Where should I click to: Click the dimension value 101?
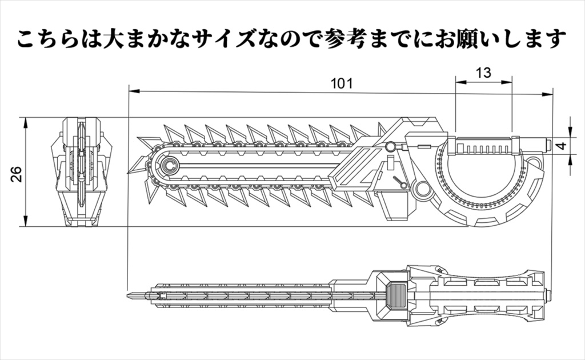[342, 83]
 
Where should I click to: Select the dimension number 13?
[483, 73]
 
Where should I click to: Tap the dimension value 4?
[562, 146]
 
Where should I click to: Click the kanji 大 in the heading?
[115, 39]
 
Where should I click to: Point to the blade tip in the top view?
[133, 296]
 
